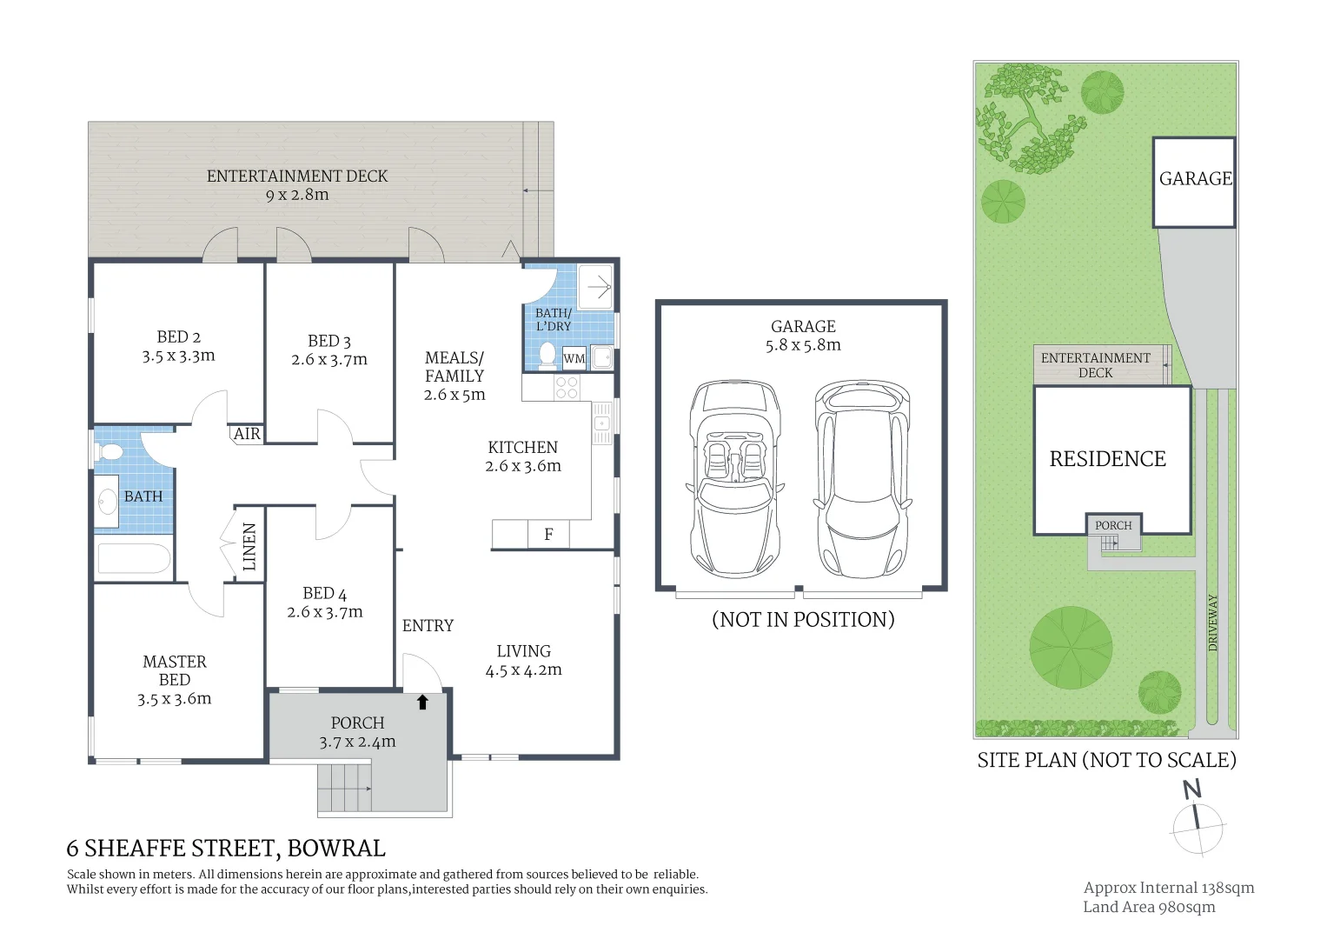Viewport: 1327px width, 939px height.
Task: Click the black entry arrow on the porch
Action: (x=422, y=703)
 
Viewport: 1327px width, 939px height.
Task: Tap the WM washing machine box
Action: (x=574, y=358)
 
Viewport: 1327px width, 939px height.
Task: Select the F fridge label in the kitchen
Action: (x=548, y=535)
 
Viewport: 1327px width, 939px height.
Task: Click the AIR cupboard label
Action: (x=247, y=434)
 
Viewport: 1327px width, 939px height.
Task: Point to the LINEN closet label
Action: (x=249, y=547)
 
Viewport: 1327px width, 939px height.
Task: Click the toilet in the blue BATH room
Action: (x=109, y=452)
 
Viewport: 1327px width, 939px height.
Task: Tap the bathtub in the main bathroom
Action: (x=134, y=558)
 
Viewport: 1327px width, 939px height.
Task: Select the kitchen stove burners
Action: (x=567, y=388)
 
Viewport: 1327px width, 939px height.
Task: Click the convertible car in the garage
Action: (x=735, y=479)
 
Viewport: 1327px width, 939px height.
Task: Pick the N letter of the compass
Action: (x=1192, y=789)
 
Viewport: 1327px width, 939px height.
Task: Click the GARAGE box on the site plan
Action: (x=1194, y=183)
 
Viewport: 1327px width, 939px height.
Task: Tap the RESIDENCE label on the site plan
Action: (x=1107, y=459)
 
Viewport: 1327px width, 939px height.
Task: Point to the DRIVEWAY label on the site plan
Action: (x=1212, y=623)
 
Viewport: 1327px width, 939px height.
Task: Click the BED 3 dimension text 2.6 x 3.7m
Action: (x=329, y=359)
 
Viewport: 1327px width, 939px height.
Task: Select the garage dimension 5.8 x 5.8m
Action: (x=803, y=345)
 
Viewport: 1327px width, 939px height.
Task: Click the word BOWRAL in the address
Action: (x=336, y=849)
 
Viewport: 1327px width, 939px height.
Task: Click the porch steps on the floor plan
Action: (x=344, y=788)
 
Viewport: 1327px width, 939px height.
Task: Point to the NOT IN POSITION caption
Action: (x=803, y=619)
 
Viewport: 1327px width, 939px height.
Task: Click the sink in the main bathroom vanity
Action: (x=108, y=502)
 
